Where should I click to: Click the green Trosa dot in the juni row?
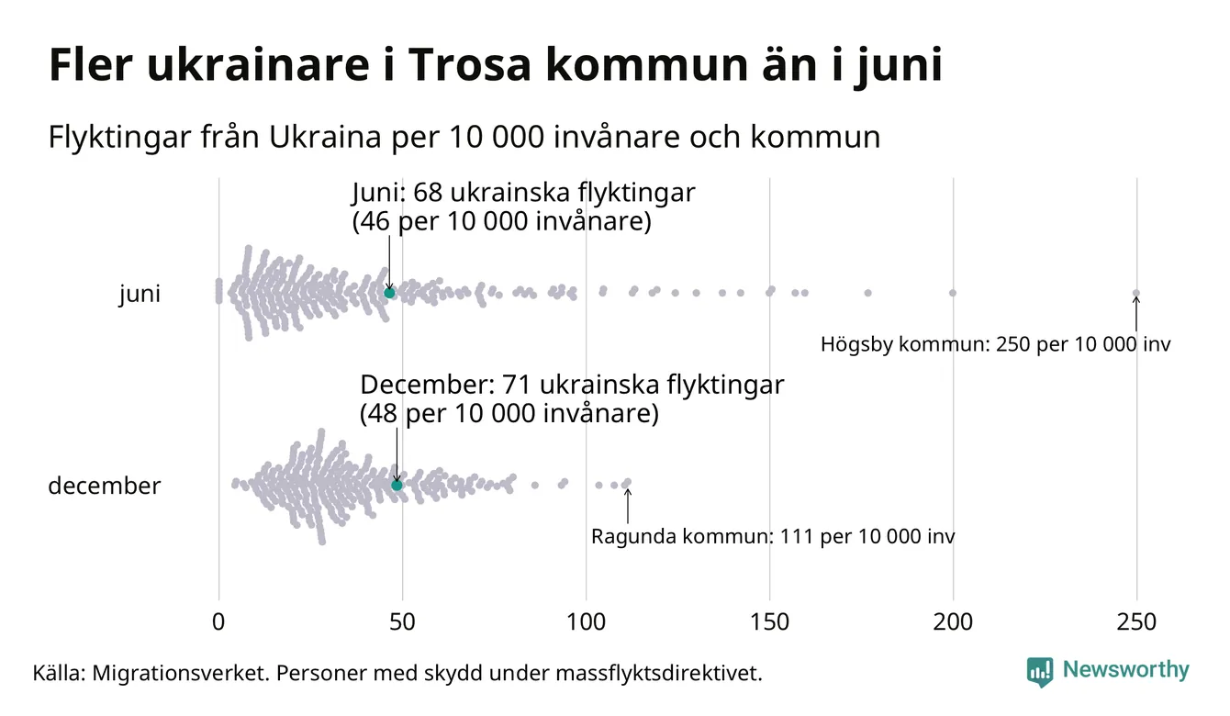[389, 293]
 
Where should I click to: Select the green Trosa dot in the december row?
[397, 485]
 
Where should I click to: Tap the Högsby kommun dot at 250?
[1136, 294]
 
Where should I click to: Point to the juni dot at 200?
[953, 293]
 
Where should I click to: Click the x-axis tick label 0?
[218, 622]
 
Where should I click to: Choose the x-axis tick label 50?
[402, 622]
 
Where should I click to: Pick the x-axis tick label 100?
[586, 622]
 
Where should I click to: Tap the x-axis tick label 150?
[769, 622]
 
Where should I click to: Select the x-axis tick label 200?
[953, 622]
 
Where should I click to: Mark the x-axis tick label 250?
[1136, 622]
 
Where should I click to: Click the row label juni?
[140, 295]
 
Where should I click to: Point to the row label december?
[104, 486]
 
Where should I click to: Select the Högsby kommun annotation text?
[996, 345]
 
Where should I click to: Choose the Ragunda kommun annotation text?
[773, 536]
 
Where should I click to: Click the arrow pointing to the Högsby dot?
[1136, 315]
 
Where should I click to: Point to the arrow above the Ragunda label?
[628, 506]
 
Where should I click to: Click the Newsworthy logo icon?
[1040, 672]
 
